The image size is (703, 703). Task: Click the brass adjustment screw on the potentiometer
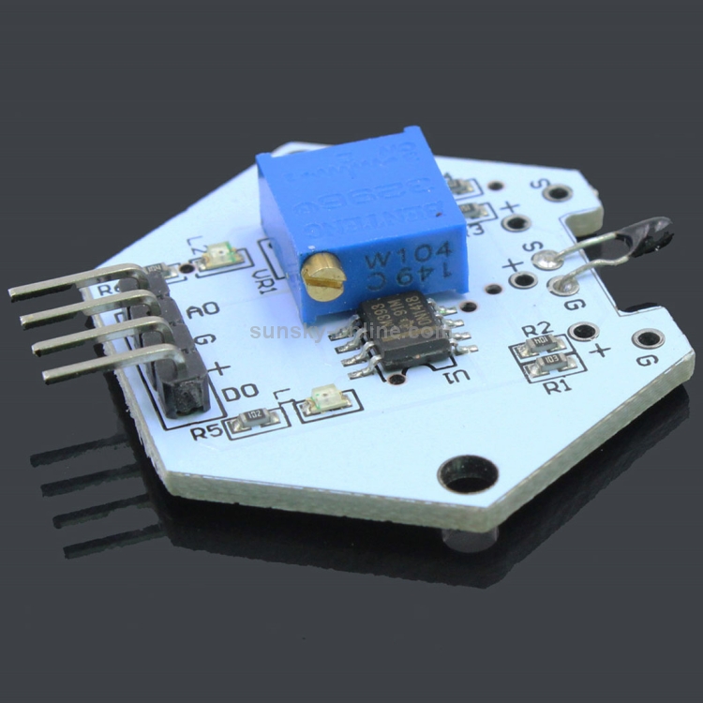click(323, 278)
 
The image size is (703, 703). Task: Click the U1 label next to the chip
click(458, 376)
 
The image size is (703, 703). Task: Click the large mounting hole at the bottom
click(466, 473)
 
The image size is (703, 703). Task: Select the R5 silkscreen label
click(207, 432)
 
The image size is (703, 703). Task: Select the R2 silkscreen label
click(535, 330)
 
